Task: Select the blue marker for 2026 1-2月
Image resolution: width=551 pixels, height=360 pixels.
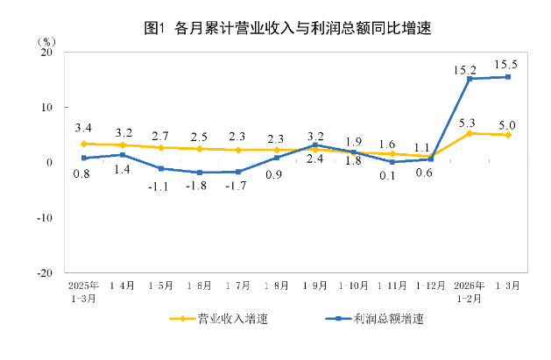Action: click(x=470, y=79)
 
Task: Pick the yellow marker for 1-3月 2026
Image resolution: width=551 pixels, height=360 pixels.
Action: click(x=508, y=135)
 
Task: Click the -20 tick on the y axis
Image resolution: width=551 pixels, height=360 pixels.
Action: click(x=44, y=272)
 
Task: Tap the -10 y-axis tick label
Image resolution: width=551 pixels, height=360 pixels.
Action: click(x=44, y=217)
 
